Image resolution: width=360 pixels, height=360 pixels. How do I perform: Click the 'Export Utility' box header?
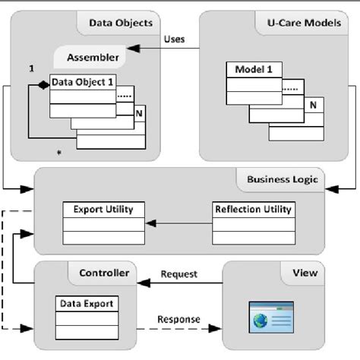(103, 208)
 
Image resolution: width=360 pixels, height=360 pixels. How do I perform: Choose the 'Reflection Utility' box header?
(253, 208)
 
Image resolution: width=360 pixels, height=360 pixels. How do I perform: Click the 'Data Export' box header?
(86, 304)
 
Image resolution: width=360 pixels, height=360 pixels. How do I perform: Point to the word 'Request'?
(179, 273)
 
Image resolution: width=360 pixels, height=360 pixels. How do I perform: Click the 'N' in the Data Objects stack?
(137, 114)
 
